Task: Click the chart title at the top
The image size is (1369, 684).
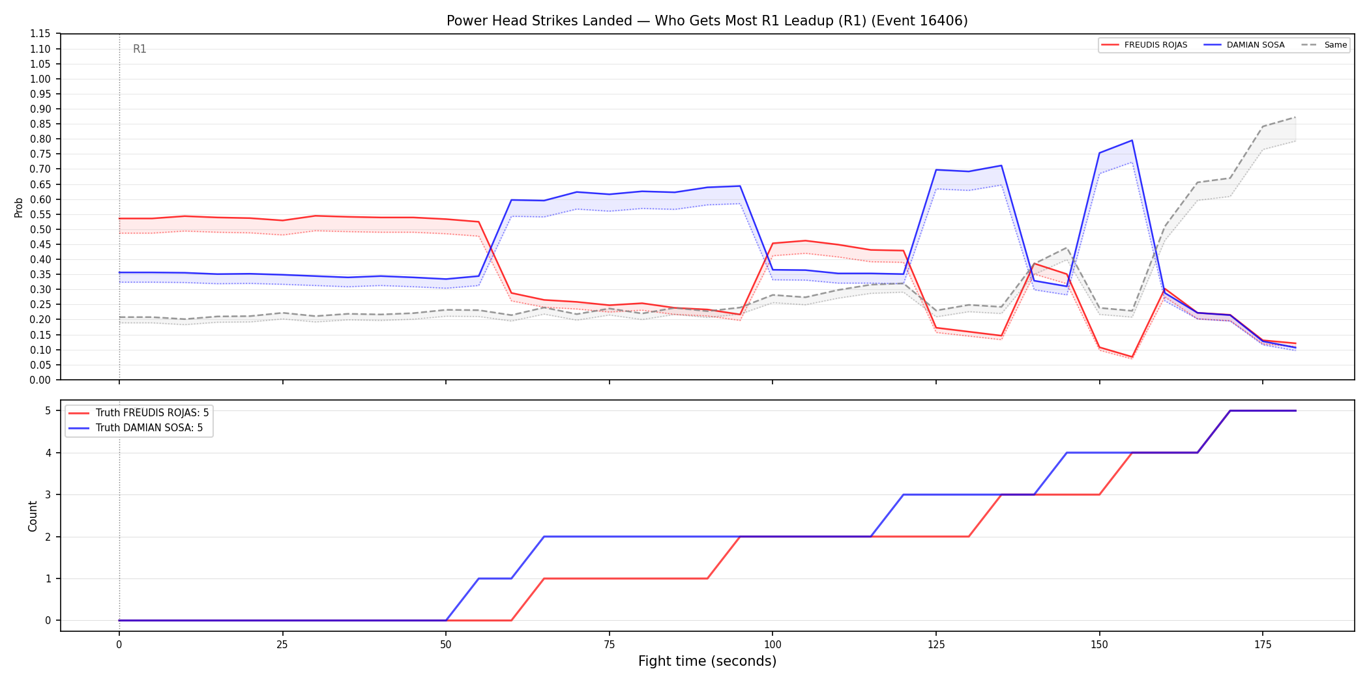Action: coord(707,21)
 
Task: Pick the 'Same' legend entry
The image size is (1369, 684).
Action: coord(1325,45)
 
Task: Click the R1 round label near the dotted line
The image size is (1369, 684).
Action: coord(140,49)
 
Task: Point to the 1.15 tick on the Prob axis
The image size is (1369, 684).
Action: coord(40,34)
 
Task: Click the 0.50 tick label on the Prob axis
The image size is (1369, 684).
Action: coord(40,229)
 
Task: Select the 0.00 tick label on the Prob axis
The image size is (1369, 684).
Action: coord(40,380)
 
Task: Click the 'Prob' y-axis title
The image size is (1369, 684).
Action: coord(19,207)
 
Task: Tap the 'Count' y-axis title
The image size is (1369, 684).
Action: coord(33,516)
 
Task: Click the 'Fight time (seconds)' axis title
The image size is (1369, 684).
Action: coord(707,661)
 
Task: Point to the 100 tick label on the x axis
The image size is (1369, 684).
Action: coord(773,645)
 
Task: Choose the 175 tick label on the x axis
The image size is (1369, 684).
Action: coord(1263,645)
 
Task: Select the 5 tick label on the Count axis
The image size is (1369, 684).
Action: coord(48,410)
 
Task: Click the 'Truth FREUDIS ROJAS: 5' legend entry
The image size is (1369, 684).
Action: coord(139,413)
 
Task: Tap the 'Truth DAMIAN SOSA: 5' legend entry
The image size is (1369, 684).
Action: coord(136,428)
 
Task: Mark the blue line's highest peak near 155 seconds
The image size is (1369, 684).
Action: coord(1132,140)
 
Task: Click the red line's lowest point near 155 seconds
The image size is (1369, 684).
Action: coord(1132,357)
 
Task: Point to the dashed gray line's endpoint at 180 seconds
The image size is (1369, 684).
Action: coord(1295,117)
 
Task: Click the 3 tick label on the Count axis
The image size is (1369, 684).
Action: coord(48,494)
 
